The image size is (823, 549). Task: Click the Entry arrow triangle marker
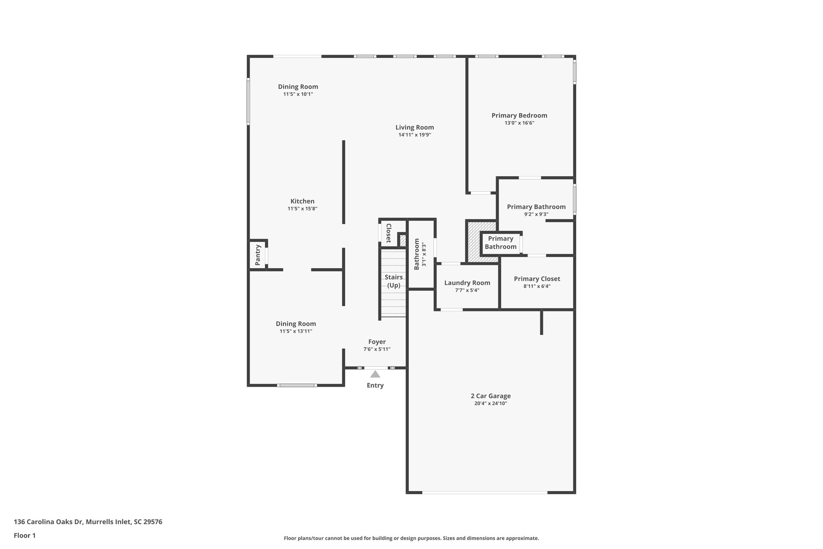[375, 374]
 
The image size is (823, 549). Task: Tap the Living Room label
[414, 127]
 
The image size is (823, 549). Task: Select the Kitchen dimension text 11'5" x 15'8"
[302, 209]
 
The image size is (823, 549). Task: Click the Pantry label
[258, 255]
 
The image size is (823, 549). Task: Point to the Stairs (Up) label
[393, 281]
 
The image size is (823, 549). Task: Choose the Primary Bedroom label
[519, 115]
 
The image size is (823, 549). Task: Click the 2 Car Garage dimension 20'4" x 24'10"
[490, 403]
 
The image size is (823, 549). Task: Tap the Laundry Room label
[467, 283]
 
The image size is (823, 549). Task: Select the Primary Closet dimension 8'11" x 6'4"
[537, 286]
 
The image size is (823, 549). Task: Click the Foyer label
[377, 342]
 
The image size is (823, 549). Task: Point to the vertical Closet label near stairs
[389, 233]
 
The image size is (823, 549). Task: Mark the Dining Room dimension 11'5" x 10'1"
[298, 94]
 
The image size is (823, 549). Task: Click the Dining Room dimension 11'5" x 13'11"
[296, 331]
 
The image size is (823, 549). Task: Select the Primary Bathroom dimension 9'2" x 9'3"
[536, 214]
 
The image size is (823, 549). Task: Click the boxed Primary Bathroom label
[500, 243]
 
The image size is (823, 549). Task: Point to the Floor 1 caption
[25, 535]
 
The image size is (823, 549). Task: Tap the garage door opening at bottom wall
[484, 492]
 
